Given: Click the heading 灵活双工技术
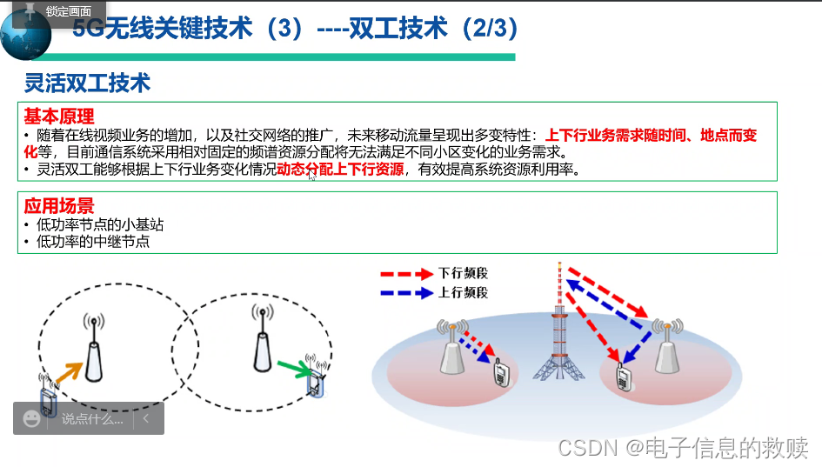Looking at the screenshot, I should click(87, 83).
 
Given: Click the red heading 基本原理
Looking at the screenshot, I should click(58, 117).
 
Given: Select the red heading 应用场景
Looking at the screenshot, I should click(58, 206).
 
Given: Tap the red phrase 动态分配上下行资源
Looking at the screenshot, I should click(340, 170).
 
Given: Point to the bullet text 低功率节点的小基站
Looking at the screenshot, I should click(100, 224).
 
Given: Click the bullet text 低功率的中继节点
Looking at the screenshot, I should click(93, 242).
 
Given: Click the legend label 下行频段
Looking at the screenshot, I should click(464, 273).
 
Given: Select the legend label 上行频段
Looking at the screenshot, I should click(464, 293).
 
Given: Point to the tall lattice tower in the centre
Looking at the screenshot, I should click(559, 339).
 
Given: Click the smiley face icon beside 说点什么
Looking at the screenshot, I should click(32, 418).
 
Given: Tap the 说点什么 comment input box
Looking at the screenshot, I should click(92, 418).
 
